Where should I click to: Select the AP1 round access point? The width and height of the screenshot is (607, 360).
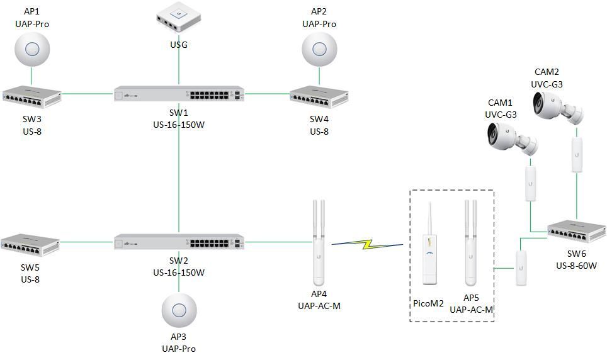tap(31, 49)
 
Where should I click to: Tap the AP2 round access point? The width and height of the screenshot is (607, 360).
tap(319, 49)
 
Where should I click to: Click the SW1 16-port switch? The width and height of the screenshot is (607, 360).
tap(179, 94)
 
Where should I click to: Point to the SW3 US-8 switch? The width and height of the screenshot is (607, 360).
tap(31, 96)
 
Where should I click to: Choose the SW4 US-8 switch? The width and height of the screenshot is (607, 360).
tap(319, 96)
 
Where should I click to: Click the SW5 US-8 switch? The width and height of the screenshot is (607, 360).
tap(30, 242)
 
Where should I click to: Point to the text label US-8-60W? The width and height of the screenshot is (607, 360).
tap(576, 266)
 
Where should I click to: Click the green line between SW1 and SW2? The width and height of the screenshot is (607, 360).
tap(179, 170)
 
